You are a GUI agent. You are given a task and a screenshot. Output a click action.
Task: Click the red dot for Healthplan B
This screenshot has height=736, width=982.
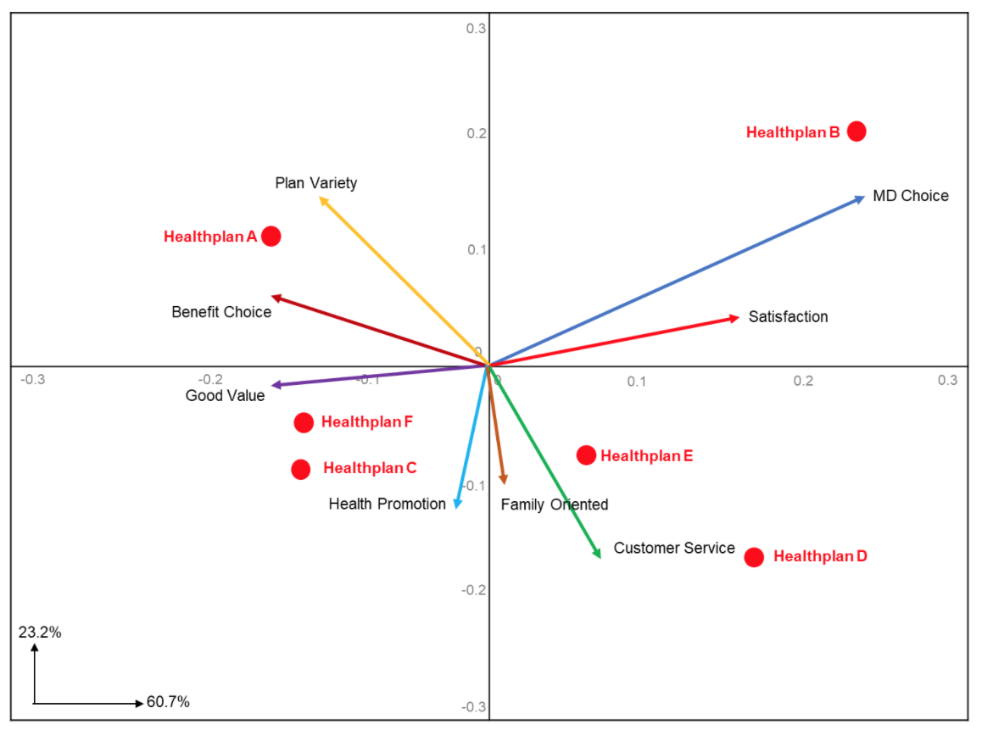point(856,131)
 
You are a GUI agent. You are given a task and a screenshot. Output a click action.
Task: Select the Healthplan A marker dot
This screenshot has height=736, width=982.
point(271,236)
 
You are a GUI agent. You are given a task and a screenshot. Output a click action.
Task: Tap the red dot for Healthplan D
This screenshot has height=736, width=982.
point(754,557)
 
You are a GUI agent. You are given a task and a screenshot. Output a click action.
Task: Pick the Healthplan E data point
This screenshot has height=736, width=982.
point(586,455)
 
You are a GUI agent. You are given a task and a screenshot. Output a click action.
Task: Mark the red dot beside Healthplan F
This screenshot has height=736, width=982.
point(304,422)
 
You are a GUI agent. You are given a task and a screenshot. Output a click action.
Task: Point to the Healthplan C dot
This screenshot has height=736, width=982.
point(301,469)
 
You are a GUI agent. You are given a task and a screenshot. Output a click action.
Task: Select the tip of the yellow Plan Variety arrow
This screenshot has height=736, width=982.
point(321,199)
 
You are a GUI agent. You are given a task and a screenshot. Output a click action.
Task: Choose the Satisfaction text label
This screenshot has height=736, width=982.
point(788,317)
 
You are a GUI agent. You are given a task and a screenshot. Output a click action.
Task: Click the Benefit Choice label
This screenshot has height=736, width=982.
point(221,312)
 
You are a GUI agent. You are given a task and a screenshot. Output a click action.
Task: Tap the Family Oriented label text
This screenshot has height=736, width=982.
point(555,505)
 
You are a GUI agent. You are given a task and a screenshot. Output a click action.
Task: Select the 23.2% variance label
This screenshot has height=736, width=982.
point(40,632)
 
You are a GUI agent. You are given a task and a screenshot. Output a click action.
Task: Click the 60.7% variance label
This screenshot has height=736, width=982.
point(168,702)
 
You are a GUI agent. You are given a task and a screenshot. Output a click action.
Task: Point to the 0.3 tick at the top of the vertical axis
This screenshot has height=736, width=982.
point(476,28)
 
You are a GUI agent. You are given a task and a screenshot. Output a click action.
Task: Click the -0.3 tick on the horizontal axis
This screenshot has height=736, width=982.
point(32,379)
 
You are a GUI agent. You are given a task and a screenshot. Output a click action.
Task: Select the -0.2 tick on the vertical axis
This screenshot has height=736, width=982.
point(473,589)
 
